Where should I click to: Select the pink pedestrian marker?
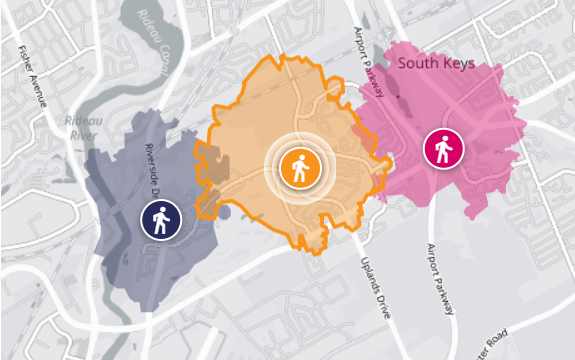click(441, 149)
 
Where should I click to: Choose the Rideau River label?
click(81, 129)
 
